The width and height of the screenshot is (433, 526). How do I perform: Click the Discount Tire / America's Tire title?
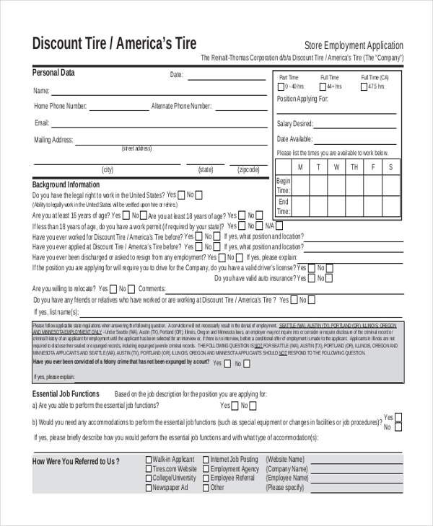[114, 43]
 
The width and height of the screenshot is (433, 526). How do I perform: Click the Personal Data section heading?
[53, 73]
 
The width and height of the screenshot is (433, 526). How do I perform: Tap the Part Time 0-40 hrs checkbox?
[280, 86]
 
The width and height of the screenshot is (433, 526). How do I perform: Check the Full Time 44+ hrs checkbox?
[323, 86]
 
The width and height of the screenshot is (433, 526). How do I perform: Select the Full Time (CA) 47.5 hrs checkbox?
[364, 86]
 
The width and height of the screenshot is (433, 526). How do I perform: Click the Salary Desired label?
[295, 124]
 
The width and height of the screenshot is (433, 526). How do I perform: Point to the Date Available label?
[294, 139]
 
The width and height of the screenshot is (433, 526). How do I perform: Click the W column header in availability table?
[336, 167]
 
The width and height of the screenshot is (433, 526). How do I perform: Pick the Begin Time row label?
[284, 186]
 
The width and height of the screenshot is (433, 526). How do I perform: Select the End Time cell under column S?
[390, 207]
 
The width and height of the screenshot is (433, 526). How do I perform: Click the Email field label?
[42, 122]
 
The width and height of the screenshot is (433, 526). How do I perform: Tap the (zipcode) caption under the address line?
[248, 170]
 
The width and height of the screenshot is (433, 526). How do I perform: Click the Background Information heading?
[66, 184]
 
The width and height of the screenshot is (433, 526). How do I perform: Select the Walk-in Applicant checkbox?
[149, 459]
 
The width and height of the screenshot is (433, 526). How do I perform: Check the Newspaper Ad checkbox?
[149, 487]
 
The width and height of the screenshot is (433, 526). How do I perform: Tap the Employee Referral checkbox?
[206, 478]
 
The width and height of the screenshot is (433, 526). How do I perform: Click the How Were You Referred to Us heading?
[76, 461]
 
